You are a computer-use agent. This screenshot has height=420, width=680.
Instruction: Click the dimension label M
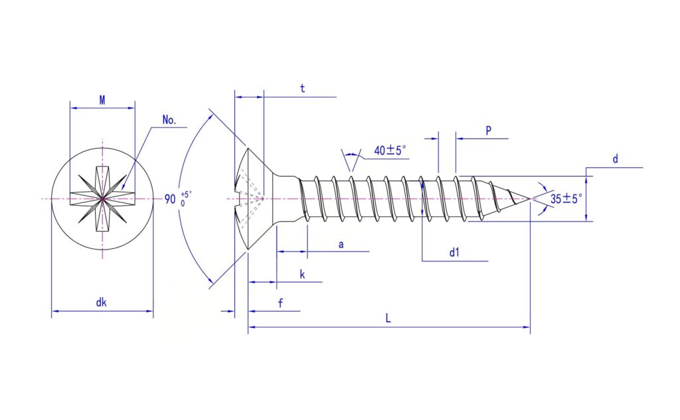click(x=102, y=100)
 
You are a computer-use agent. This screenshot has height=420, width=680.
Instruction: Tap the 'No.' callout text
click(x=169, y=120)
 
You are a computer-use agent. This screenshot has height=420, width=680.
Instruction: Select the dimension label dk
click(x=101, y=302)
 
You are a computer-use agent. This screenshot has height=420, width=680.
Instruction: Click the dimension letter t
click(x=302, y=88)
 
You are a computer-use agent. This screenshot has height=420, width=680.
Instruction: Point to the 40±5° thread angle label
click(x=390, y=151)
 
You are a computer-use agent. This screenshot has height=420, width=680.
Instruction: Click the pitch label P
click(x=488, y=131)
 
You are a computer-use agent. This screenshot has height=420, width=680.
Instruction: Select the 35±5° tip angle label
click(x=566, y=199)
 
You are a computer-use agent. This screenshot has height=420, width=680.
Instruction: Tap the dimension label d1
click(x=454, y=252)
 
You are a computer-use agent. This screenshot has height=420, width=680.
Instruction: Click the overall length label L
click(x=388, y=318)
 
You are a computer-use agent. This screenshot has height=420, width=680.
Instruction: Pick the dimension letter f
click(x=281, y=303)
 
